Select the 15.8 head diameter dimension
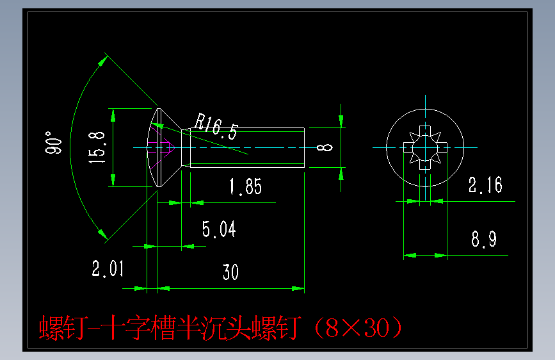coord(97,148)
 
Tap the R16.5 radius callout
coord(216,126)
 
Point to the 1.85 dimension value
coord(245,187)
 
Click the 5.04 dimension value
coord(219,229)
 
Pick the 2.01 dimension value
coord(108,269)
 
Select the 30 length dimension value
coord(230,272)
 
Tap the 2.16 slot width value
coord(485,186)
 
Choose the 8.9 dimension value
coord(484,240)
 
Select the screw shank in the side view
coord(246,147)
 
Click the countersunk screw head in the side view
coord(168,147)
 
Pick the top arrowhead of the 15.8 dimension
coord(113,114)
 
